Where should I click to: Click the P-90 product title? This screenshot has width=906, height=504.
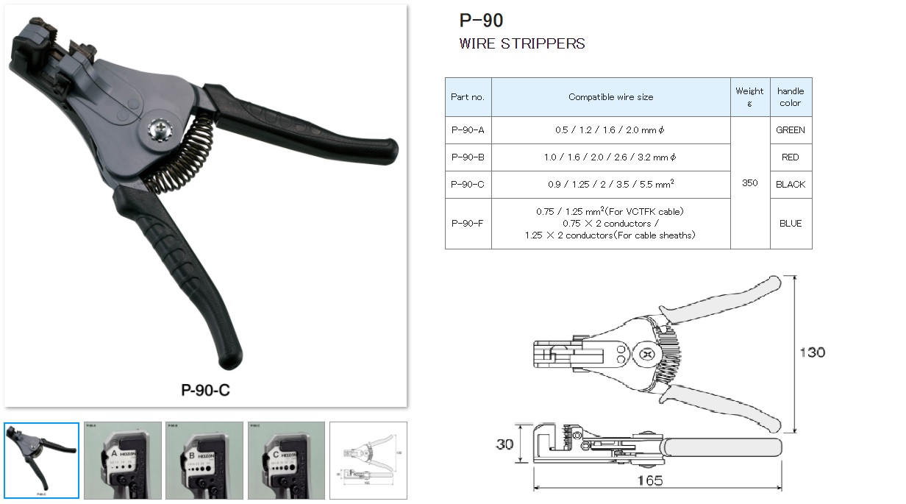click(x=481, y=21)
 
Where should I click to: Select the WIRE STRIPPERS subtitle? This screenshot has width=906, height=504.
click(x=521, y=43)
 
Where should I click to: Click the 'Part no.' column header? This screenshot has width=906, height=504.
click(x=468, y=97)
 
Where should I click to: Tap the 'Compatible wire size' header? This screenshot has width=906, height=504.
click(x=610, y=97)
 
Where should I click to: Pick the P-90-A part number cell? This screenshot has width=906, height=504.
click(x=468, y=130)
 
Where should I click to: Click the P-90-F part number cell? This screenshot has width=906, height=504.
click(x=468, y=224)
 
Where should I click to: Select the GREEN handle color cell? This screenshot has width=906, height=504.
click(x=791, y=130)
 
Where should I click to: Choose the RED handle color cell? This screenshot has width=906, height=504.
click(x=791, y=157)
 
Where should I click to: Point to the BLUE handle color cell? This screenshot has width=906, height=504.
click(x=791, y=224)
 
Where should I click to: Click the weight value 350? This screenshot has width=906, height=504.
click(x=749, y=183)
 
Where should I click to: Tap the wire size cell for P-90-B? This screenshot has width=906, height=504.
click(x=610, y=157)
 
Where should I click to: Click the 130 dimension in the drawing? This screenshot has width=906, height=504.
click(x=812, y=352)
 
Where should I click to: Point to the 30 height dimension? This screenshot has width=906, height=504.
click(x=504, y=444)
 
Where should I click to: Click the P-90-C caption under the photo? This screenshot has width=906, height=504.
click(x=205, y=390)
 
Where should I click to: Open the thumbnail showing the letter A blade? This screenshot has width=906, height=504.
click(x=122, y=460)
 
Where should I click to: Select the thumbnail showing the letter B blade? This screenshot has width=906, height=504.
click(x=204, y=460)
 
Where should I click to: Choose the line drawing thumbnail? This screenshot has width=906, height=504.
click(x=368, y=460)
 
